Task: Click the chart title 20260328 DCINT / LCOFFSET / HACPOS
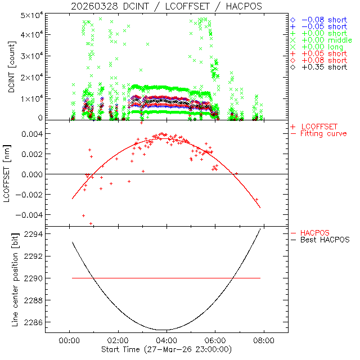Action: point(166,6)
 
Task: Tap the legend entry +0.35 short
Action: point(324,67)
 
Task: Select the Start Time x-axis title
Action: point(167,349)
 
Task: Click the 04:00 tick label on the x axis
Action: point(166,340)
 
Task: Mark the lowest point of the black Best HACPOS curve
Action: point(163,330)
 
